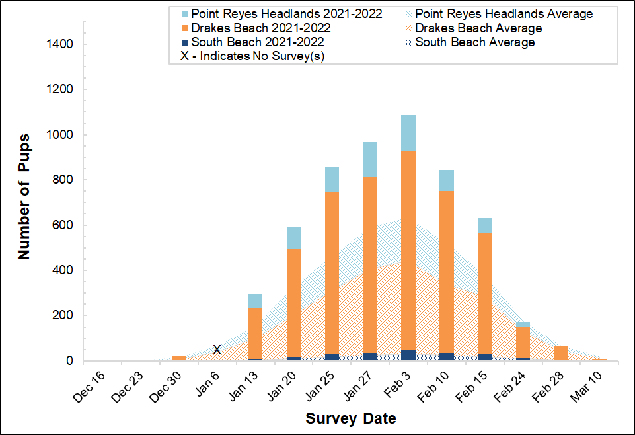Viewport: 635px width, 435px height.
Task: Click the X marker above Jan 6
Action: click(217, 350)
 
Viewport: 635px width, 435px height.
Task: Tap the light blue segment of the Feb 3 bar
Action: click(408, 133)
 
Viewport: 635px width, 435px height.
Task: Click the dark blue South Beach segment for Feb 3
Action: click(408, 355)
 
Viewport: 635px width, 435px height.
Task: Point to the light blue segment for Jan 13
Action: click(255, 301)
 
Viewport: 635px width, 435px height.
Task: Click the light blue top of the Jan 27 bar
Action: click(370, 159)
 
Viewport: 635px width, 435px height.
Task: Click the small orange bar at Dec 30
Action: click(178, 358)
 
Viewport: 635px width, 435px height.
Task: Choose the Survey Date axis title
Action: click(350, 418)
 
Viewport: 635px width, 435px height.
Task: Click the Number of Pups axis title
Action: click(24, 198)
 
